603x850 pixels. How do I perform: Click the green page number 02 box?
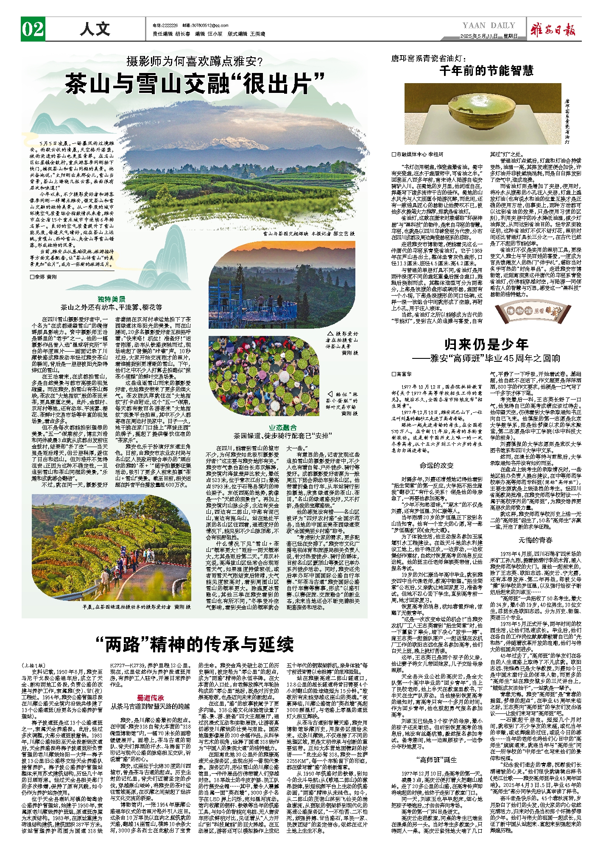[x=33, y=29]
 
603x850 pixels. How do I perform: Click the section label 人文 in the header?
[x=95, y=29]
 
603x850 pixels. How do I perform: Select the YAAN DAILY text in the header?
[x=489, y=25]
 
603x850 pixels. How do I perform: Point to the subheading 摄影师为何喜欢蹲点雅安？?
[x=195, y=62]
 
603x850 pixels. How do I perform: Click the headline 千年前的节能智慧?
[x=486, y=70]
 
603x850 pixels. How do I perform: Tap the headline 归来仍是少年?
[x=486, y=344]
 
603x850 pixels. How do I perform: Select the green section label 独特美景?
[x=111, y=299]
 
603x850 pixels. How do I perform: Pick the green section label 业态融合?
[x=283, y=428]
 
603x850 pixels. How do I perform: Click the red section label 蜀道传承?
[x=150, y=698]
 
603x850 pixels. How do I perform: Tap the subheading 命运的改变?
[x=436, y=465]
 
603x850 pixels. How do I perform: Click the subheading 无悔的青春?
[x=535, y=540]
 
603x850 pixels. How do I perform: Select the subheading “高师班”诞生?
[x=436, y=760]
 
